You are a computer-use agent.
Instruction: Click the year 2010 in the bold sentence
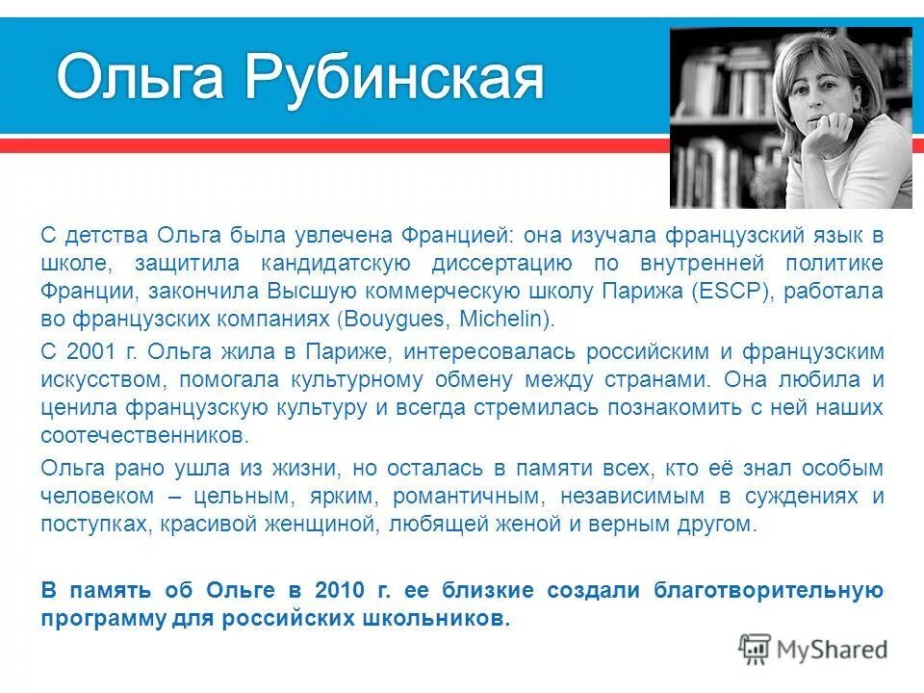click(x=342, y=590)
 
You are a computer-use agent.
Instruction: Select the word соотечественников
click(x=143, y=435)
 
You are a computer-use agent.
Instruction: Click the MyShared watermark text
click(x=833, y=649)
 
